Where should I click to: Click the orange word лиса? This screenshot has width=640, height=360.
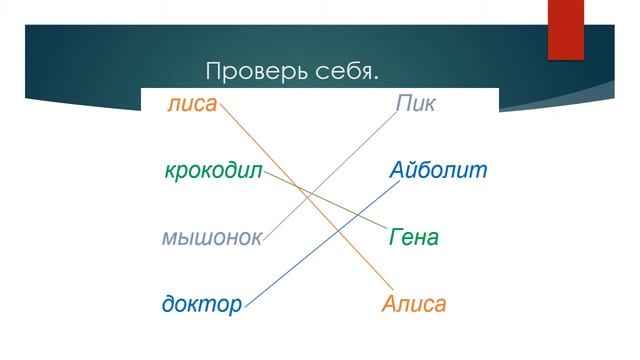[192, 103]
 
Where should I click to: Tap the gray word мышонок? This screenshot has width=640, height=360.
[212, 238]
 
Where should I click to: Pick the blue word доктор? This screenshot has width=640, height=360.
[202, 304]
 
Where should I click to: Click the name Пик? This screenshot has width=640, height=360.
[416, 103]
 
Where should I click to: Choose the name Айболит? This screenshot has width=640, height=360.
[438, 170]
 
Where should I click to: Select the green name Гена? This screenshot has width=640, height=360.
[413, 238]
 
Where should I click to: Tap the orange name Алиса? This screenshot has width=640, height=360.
[414, 304]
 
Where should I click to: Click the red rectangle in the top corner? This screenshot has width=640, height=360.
[565, 29]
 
